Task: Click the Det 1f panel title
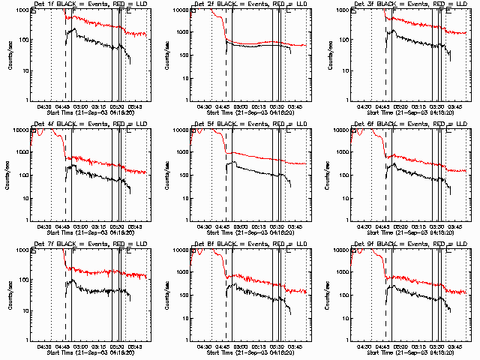coord(90,5)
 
